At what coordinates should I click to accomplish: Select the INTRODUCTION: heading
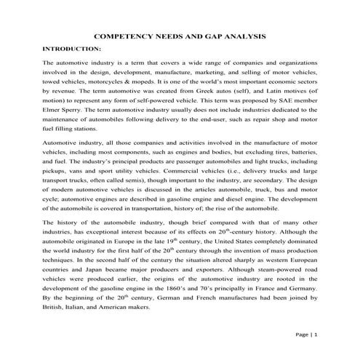(72, 48)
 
